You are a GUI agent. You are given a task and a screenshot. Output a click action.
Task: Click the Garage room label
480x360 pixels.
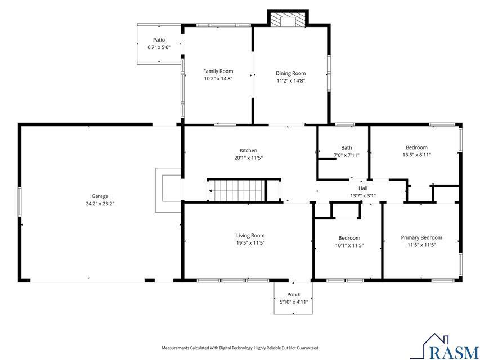coord(96,197)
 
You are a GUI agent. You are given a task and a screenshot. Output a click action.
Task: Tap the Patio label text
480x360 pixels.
coord(159,40)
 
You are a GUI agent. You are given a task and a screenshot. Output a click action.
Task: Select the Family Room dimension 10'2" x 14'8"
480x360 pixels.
coord(218,79)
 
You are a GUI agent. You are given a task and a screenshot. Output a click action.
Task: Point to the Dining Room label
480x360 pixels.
coord(290,73)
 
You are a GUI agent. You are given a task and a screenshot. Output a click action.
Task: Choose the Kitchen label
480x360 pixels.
coord(248,150)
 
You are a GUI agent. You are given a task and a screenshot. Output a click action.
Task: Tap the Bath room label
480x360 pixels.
coord(346,148)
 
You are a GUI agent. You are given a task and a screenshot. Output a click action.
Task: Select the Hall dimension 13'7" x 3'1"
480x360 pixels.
coord(363,196)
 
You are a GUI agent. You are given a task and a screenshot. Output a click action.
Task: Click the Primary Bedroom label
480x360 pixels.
coord(421,237)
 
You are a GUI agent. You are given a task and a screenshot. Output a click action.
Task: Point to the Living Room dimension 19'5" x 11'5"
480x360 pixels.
coord(250,243)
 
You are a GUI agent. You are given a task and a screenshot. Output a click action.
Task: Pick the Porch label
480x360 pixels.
coord(294,295)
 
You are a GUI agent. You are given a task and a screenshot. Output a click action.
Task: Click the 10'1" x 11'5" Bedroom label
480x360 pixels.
coord(349,238)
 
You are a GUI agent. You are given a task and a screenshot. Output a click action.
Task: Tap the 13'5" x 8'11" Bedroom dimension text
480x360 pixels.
coord(416,155)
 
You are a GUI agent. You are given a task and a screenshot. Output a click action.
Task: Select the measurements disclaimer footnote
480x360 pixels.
coord(240,348)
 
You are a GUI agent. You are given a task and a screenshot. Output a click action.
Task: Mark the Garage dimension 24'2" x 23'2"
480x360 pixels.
coord(96,204)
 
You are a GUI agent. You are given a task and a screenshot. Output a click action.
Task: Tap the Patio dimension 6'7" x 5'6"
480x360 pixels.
coord(159,47)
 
